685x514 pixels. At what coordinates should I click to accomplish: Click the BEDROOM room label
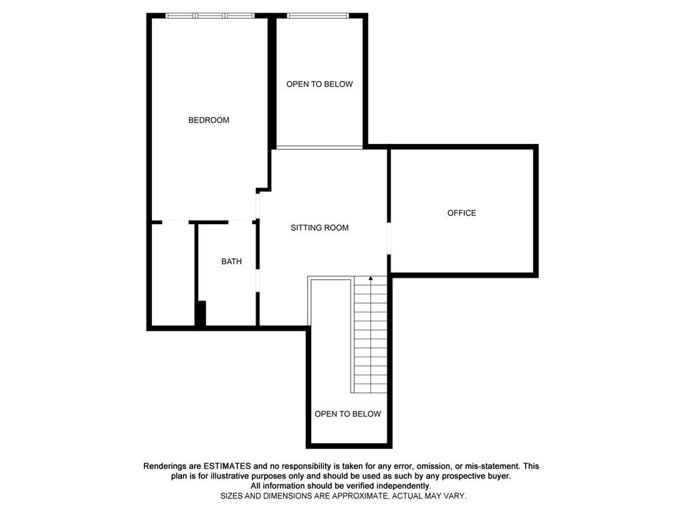pos(209,120)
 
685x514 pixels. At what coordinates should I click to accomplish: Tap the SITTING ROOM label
pos(319,228)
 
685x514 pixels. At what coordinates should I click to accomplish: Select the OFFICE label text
pos(462,213)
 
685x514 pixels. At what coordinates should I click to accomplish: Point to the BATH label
pos(231,262)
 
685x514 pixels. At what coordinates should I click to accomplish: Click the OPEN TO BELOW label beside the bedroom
pos(319,84)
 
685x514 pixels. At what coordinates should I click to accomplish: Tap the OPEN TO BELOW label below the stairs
pos(348,414)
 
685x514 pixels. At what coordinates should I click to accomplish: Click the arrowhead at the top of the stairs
pos(371,278)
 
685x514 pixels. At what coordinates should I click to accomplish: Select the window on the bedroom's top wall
pos(210,15)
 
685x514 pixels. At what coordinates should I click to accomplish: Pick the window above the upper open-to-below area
pos(317,15)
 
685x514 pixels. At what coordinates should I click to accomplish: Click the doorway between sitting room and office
pos(389,237)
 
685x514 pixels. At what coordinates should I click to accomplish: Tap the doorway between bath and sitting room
pos(258,280)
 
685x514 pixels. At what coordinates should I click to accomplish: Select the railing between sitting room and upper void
pos(319,147)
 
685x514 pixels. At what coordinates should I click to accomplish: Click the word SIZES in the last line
pos(232,496)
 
